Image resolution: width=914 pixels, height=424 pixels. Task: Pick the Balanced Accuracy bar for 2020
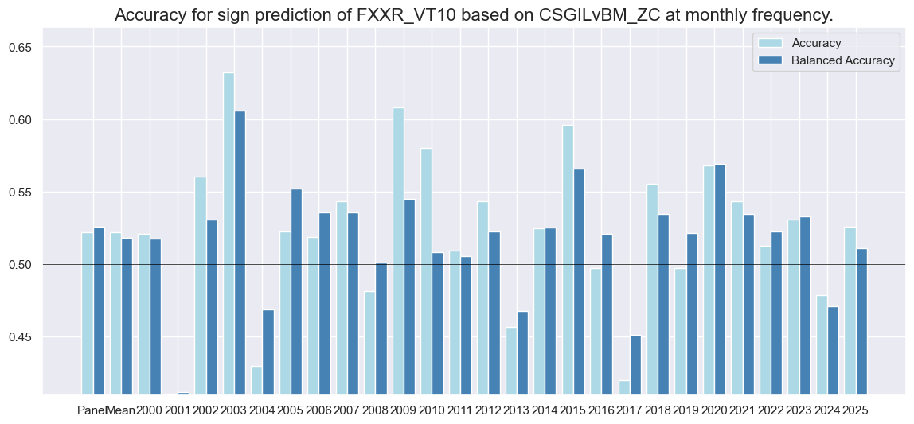pyautogui.click(x=720, y=278)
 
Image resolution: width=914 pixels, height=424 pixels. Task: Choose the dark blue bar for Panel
pyautogui.click(x=99, y=310)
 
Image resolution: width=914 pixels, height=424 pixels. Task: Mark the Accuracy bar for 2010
pyautogui.click(x=427, y=270)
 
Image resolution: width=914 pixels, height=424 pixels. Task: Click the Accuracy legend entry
pyautogui.click(x=814, y=42)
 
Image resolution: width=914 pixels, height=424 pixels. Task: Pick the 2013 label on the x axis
pyautogui.click(x=517, y=410)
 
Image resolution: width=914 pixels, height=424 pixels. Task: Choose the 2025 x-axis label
pyautogui.click(x=855, y=410)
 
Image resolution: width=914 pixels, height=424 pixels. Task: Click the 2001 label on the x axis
pyautogui.click(x=178, y=410)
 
